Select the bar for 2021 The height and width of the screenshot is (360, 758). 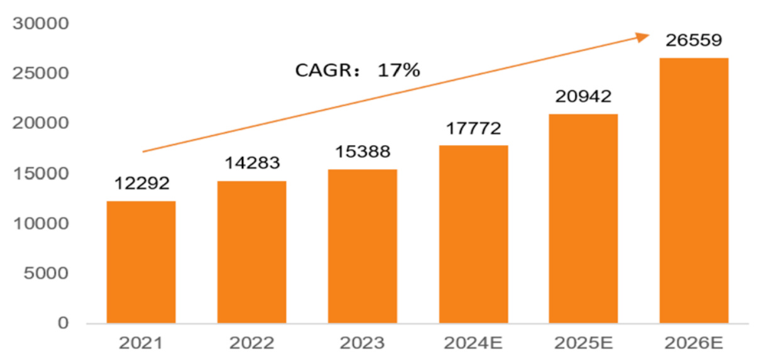point(141,262)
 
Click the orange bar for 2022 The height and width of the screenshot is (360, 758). point(251,252)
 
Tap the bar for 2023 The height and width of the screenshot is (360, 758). point(362,246)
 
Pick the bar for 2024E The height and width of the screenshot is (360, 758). point(473,234)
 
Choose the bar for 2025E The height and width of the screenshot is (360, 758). point(583,219)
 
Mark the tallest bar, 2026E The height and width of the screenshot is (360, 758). point(694,190)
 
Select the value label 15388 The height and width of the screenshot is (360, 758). point(363,153)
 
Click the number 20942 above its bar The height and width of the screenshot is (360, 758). point(583,97)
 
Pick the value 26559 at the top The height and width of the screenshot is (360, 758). point(694,42)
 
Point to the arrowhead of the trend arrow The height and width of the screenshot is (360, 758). point(644,37)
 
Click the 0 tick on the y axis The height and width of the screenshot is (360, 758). point(63,323)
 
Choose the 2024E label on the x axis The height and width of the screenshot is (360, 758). point(473,344)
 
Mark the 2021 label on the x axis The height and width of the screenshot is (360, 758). point(141,344)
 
